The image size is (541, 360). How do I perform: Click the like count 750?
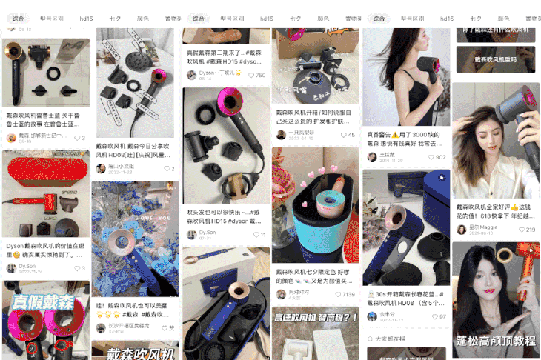[x=260, y=75]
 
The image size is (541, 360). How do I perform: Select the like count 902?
[x=440, y=157]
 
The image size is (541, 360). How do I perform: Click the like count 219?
[x=530, y=230]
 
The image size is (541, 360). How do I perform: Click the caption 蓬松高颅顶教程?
[x=494, y=341]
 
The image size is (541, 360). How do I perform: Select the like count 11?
[x=262, y=235]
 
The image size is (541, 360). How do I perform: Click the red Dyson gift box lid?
[x=45, y=167]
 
